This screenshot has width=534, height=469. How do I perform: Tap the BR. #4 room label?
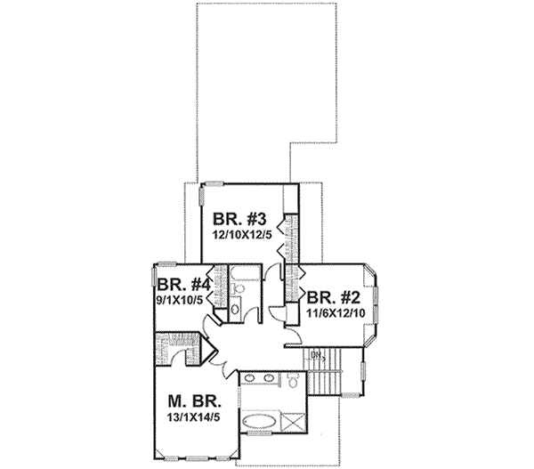(183, 287)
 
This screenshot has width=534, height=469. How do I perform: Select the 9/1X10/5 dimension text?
(183, 300)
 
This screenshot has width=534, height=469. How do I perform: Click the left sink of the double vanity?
(250, 380)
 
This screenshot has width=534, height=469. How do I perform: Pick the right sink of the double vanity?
(269, 380)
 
